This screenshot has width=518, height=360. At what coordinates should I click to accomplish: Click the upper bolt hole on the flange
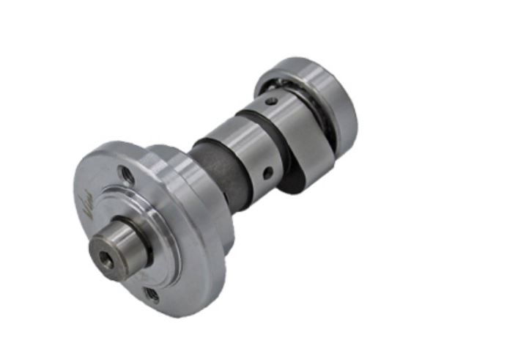(x=125, y=175)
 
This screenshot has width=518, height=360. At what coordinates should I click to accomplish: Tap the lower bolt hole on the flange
(x=152, y=295)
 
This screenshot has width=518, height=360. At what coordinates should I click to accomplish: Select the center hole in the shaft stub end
(x=106, y=258)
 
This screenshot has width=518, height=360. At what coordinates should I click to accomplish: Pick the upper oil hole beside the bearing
(x=272, y=102)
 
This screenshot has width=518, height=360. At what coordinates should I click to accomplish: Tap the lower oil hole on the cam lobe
(x=268, y=174)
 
